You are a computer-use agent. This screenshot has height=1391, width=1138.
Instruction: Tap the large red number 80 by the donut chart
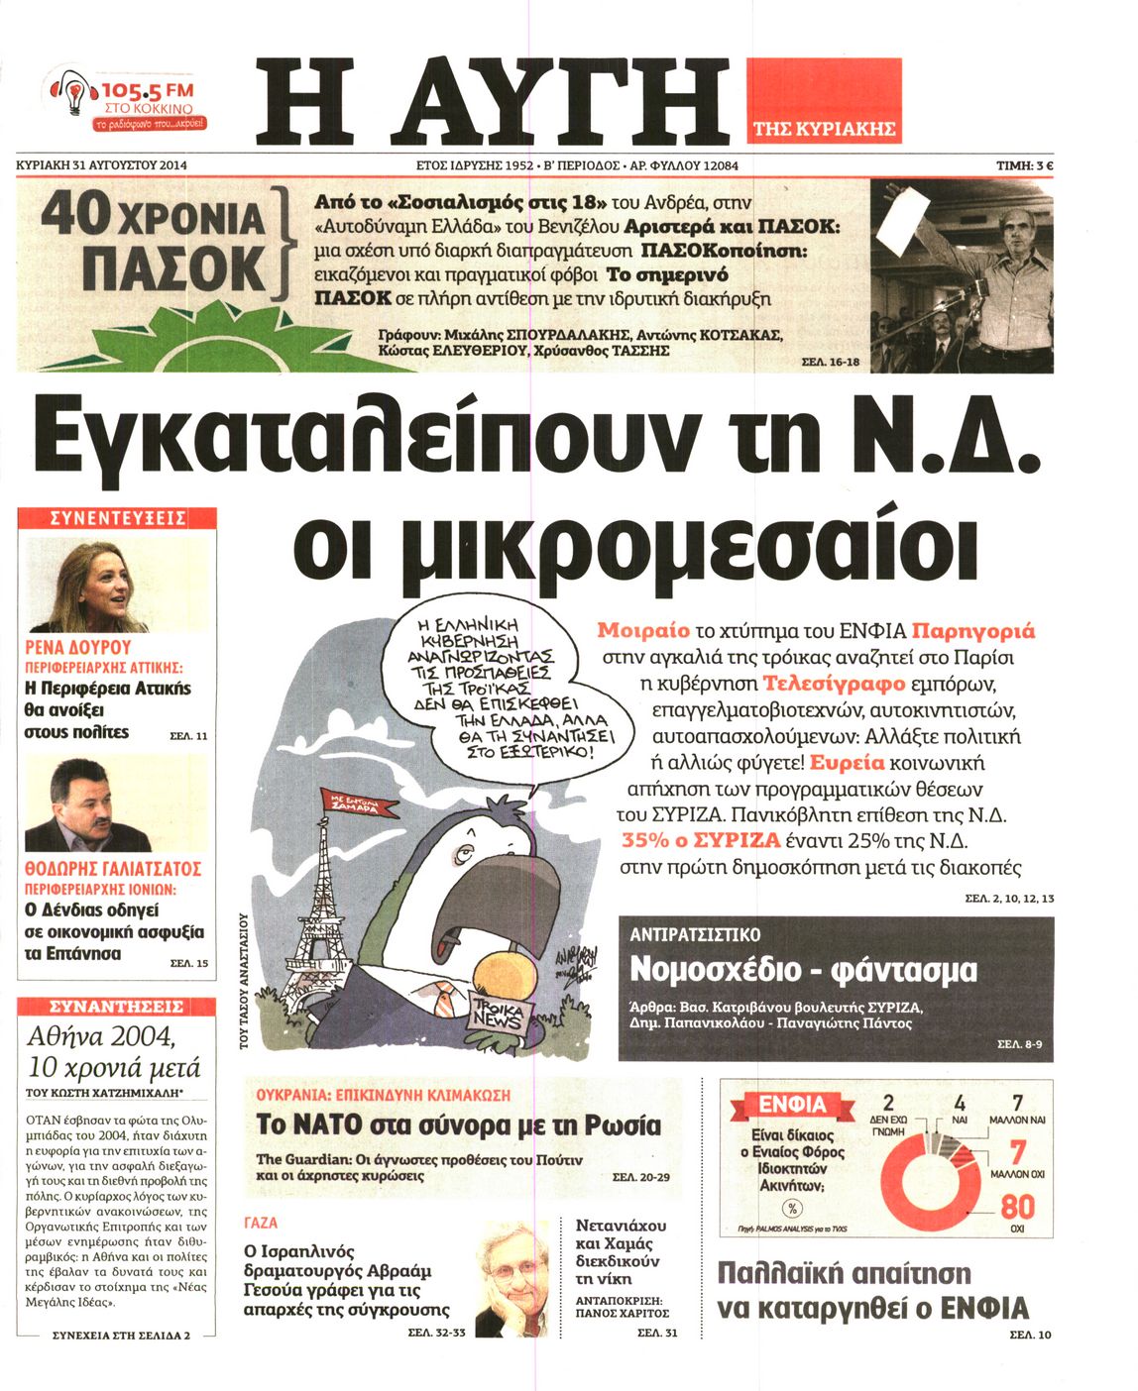(1017, 1206)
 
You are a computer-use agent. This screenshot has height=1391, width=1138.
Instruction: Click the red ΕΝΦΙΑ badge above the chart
(791, 1105)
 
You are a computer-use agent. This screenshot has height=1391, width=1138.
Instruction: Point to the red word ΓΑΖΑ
(261, 1223)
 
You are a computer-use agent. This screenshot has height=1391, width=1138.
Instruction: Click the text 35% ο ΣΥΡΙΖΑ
(701, 840)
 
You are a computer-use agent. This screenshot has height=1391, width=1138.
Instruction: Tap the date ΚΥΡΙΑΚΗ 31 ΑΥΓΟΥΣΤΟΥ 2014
(102, 165)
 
